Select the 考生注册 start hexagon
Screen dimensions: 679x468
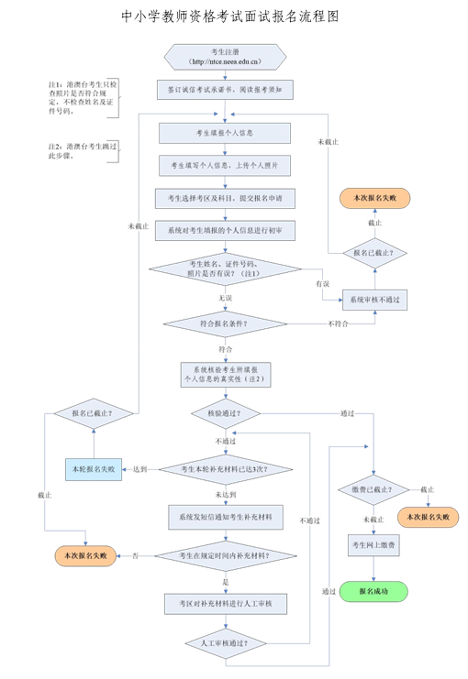coord(225,57)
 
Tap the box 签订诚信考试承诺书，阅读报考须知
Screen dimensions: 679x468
coord(225,92)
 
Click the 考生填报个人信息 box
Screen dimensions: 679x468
coord(225,133)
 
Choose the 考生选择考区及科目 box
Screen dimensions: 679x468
coord(225,198)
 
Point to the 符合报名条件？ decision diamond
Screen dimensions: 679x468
coord(225,323)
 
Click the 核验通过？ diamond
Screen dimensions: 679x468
coord(225,413)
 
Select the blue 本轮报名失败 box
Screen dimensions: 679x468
coord(94,469)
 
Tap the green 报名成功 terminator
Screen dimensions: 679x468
coord(373,592)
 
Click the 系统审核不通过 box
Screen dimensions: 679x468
coord(373,299)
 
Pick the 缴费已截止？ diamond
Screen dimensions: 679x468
coord(373,490)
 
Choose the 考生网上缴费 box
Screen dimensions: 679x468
coord(373,545)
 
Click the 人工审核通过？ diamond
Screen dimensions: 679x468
coord(225,643)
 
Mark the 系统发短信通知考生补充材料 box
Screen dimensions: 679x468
coord(225,517)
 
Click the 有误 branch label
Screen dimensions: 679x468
coord(322,284)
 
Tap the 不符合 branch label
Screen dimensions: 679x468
coord(338,323)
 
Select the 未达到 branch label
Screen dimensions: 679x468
coord(225,494)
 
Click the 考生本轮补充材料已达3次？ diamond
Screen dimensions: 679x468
coord(225,469)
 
